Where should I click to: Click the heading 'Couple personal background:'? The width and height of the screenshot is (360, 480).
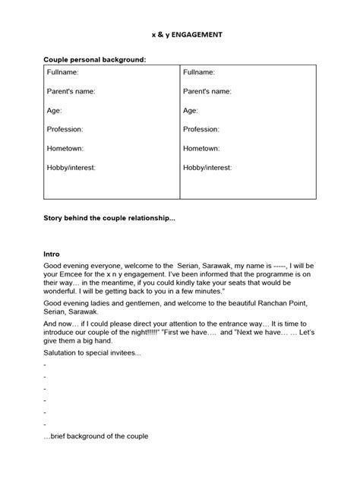[x=94, y=58]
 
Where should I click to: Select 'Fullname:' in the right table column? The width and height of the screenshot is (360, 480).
[x=199, y=72]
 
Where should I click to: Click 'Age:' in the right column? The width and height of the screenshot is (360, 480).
[x=191, y=110]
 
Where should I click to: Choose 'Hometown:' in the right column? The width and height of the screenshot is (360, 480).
[x=201, y=148]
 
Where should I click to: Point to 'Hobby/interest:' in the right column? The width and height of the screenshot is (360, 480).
[x=207, y=167]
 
